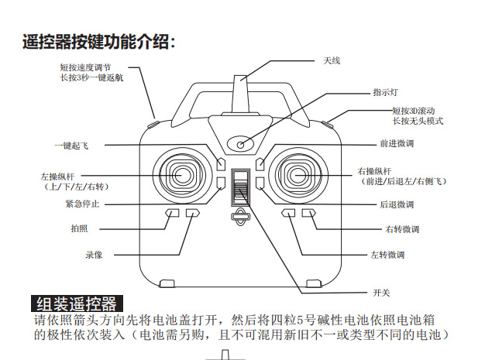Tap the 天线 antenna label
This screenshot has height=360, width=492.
point(332,60)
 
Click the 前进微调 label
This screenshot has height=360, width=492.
point(396,144)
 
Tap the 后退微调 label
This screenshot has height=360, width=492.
point(396,204)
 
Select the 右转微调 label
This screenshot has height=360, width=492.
point(401,229)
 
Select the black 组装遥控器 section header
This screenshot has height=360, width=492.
point(76,303)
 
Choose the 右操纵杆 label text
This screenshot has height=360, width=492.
point(375,170)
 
